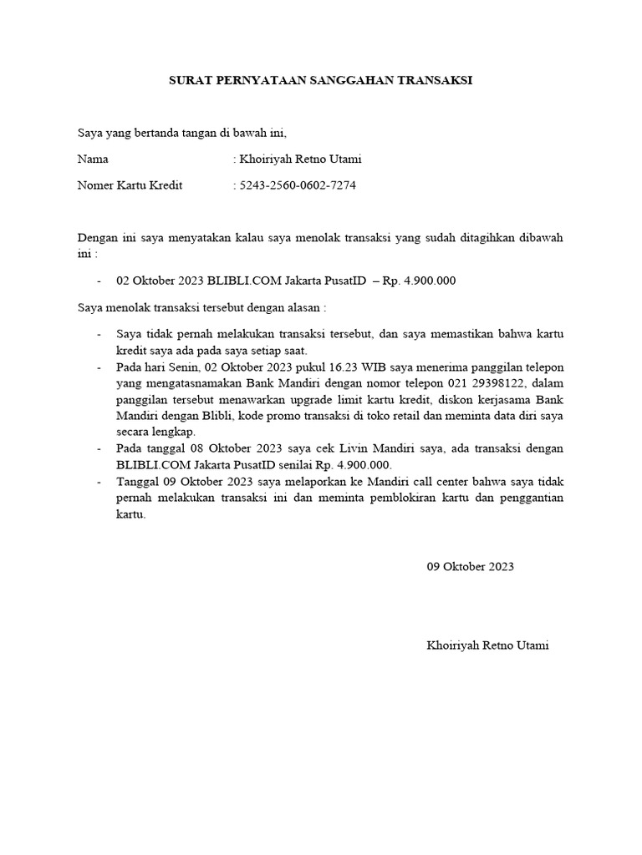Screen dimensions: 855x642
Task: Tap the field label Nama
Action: pos(93,159)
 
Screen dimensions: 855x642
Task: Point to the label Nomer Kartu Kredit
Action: pos(130,185)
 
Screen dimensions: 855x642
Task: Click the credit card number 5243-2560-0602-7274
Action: pos(298,185)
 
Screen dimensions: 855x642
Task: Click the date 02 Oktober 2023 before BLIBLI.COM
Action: pos(160,281)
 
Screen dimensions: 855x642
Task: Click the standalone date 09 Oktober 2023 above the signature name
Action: pos(471,566)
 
